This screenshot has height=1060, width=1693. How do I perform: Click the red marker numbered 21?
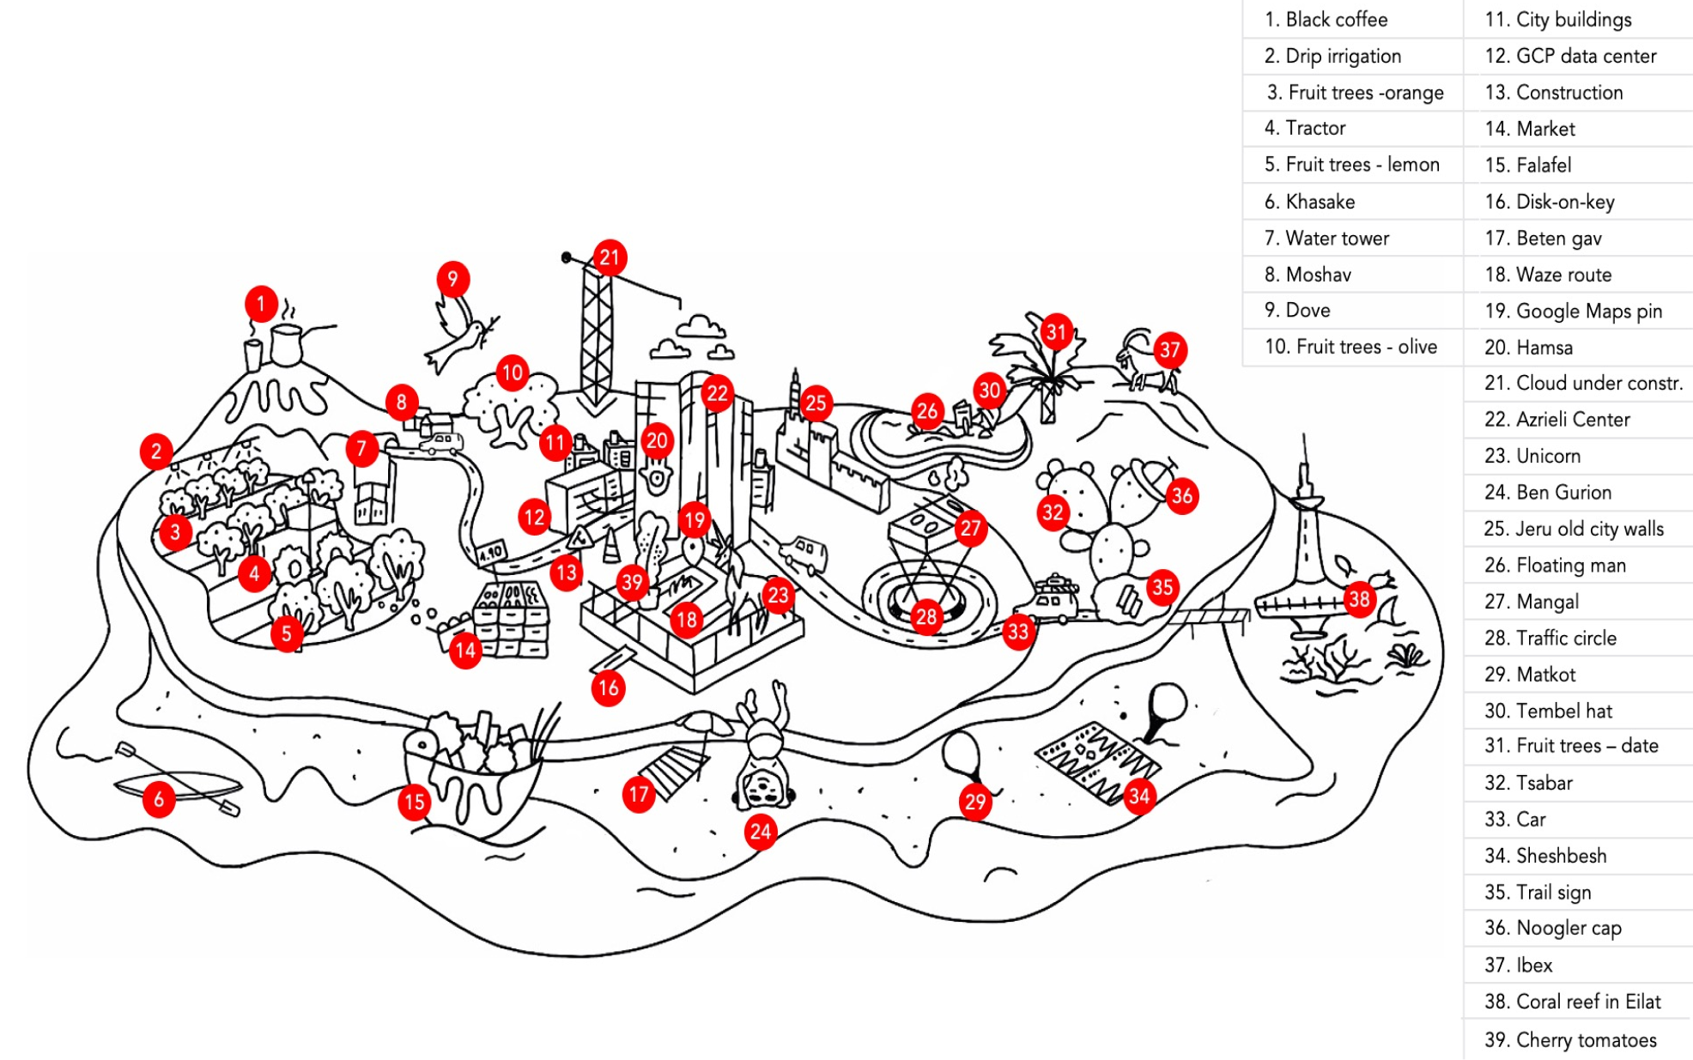point(609,257)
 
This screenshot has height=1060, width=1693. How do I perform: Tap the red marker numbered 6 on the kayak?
point(159,800)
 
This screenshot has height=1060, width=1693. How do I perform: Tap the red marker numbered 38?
point(1358,599)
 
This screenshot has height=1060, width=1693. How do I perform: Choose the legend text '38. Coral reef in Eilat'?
point(1572,1002)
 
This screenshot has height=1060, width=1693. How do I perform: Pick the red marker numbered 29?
point(975,802)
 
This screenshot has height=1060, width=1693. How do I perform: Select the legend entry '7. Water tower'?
point(1326,238)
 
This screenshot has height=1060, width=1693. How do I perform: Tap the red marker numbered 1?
point(261,303)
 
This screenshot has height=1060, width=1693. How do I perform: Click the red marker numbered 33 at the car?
point(1017,632)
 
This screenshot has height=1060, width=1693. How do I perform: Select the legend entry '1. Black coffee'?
point(1325,19)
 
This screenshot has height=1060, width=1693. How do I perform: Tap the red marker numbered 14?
point(464,650)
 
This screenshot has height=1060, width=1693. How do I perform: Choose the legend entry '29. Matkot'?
point(1530,674)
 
